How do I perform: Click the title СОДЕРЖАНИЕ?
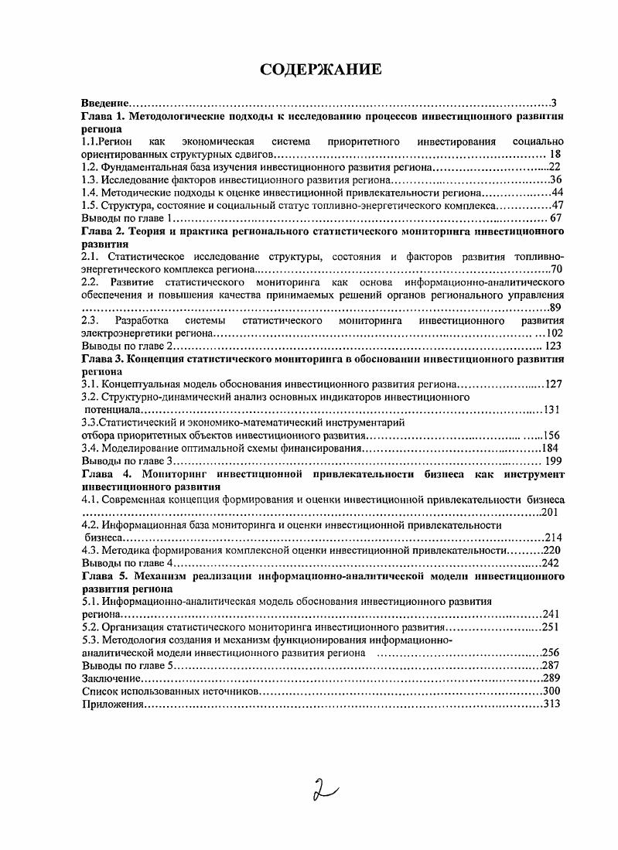(320, 70)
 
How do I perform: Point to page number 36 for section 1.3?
(555, 179)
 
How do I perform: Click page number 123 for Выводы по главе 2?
(552, 346)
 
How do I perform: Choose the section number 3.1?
(90, 384)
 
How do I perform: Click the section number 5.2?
(90, 626)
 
